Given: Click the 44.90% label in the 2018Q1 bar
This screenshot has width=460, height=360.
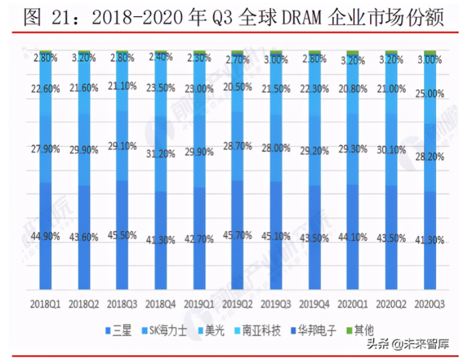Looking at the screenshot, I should point(45,237).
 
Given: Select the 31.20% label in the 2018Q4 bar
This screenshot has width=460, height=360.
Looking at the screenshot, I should point(161,153).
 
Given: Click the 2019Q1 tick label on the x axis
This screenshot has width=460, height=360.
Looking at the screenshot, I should point(199,301).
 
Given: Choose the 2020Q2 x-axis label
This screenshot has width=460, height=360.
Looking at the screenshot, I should point(391,301).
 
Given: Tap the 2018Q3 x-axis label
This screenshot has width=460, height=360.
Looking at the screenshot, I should point(122,301).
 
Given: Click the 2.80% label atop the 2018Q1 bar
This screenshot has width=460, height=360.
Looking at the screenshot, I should point(45,59).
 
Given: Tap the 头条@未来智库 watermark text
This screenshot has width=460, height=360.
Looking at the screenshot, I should point(410,343).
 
